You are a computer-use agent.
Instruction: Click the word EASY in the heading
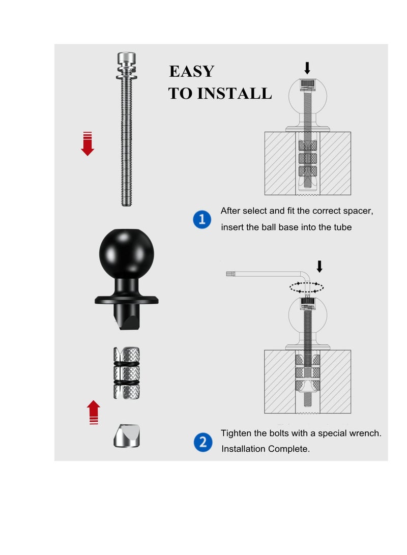click(191, 71)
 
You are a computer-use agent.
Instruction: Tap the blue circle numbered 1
click(202, 220)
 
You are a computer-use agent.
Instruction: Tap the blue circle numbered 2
click(202, 442)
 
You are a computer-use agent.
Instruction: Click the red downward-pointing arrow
click(88, 143)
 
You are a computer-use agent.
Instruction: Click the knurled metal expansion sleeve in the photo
click(126, 372)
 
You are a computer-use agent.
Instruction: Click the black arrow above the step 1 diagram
click(307, 68)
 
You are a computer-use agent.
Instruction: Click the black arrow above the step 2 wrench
click(319, 266)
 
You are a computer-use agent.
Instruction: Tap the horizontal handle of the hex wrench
click(265, 274)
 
